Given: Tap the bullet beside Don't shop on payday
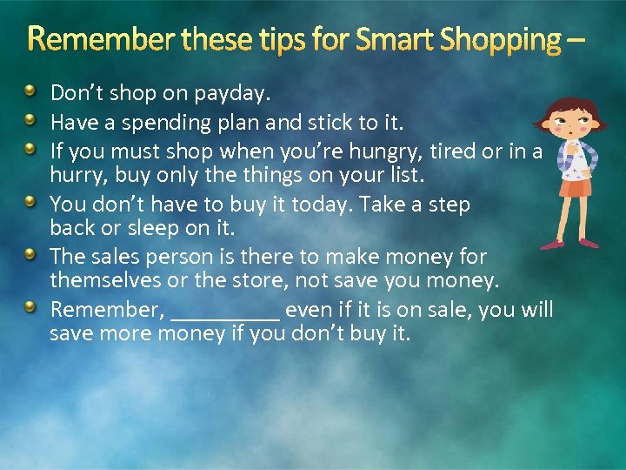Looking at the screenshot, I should pyautogui.click(x=30, y=91).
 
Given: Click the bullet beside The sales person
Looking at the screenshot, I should pyautogui.click(x=30, y=254).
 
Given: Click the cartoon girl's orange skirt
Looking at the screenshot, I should pyautogui.click(x=575, y=188).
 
